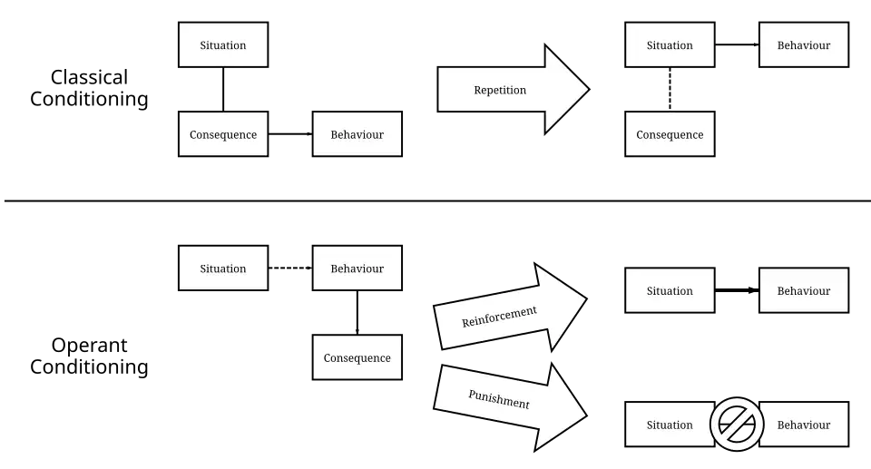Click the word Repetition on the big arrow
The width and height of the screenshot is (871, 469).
point(500,91)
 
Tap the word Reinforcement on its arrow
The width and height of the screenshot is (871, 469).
point(499,317)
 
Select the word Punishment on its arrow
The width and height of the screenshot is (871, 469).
point(499,399)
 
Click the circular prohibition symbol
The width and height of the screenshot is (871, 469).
point(737,425)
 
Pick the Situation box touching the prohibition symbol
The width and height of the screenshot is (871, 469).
point(670,425)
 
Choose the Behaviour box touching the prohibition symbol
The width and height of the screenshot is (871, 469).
point(804,425)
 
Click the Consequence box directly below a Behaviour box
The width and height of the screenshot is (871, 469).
point(357,357)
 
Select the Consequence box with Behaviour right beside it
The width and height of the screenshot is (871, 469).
point(223,135)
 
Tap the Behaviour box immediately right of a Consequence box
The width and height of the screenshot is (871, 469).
point(357,135)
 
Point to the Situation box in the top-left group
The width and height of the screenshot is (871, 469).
point(223,45)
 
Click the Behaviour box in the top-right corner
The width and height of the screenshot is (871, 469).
point(804,45)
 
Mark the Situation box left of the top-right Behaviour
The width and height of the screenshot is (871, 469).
point(670,45)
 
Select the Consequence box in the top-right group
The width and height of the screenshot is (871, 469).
point(670,135)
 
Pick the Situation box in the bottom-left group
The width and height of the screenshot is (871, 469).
point(223,269)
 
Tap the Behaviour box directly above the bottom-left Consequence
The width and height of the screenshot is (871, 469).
point(357,269)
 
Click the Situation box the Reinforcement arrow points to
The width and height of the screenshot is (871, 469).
point(670,291)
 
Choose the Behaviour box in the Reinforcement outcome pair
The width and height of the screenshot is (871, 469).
point(804,291)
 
